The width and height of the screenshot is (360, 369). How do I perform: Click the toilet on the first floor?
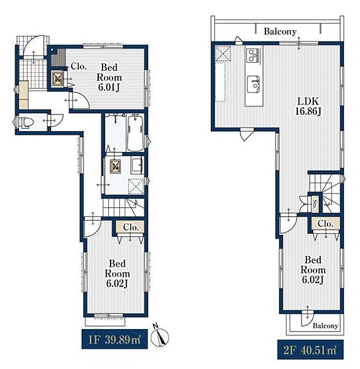coord(26,122)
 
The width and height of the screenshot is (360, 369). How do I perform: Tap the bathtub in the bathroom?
coord(135,133)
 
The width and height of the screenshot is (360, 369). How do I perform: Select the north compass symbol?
coord(160,336)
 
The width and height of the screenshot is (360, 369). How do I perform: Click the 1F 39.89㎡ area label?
coord(114,339)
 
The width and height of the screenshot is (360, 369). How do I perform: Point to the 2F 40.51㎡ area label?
coord(310,349)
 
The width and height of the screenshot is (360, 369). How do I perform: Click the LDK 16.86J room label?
coord(308,106)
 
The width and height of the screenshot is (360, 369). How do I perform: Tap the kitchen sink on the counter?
coord(254,84)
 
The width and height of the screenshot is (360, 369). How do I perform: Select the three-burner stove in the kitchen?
coord(253,55)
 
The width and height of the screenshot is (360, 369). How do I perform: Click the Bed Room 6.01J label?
coord(109,77)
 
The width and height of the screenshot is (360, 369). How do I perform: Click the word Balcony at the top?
coord(280,31)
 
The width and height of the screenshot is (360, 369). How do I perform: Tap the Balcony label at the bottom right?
coord(326,326)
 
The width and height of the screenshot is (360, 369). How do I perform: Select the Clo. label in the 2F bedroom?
coord(326,223)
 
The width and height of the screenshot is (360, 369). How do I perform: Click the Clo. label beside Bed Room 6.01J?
coord(79,66)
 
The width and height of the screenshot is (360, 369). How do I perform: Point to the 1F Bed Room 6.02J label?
coord(117,274)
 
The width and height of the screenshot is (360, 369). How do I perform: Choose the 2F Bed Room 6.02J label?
coord(313,270)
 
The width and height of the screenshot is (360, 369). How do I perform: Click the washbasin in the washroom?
coord(138,166)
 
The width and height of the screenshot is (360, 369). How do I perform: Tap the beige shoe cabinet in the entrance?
coord(23,95)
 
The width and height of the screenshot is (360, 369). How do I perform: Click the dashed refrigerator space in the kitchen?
coord(223,54)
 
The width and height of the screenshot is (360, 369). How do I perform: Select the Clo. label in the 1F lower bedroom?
coord(131,228)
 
